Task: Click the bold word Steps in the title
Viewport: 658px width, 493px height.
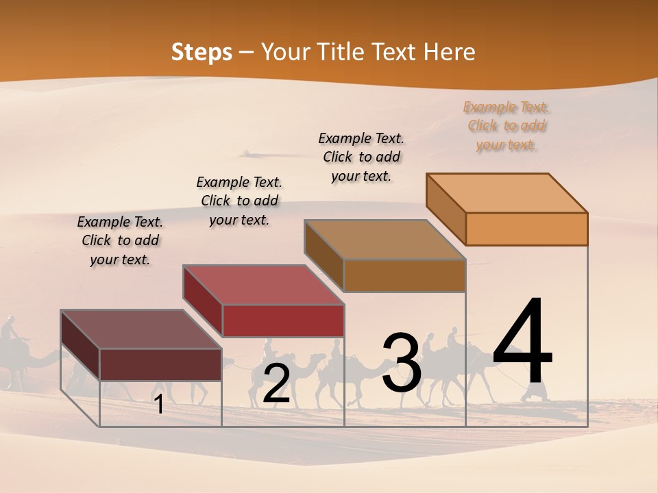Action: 202,52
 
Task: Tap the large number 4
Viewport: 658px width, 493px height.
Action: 522,342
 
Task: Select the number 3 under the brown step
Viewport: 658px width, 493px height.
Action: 401,364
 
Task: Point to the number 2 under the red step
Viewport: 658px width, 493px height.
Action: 276,384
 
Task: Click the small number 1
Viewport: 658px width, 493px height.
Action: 159,405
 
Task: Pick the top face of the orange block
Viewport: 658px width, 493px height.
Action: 507,192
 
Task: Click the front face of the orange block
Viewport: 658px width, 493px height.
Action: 526,229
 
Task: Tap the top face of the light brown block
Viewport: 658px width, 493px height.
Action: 385,240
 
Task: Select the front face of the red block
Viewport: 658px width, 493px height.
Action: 283,320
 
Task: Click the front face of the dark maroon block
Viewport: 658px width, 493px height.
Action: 160,364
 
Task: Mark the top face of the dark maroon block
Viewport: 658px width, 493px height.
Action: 141,329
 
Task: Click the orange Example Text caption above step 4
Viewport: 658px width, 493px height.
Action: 507,126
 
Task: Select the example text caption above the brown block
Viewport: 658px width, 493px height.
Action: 361,157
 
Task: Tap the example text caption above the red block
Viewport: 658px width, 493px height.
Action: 239,201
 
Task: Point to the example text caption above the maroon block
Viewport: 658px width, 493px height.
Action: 120,240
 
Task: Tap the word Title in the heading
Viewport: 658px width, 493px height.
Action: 340,52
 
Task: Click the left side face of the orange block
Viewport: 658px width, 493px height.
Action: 446,209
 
